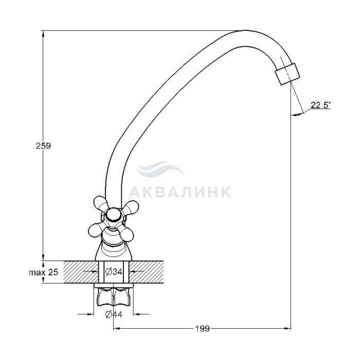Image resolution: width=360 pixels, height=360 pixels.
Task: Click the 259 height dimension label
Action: pos(43,146)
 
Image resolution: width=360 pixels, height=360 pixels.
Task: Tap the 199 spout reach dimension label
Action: pos(203,329)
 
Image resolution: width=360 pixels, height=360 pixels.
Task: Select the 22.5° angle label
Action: pos(321,105)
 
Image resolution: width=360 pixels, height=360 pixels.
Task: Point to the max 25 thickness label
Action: pos(43,273)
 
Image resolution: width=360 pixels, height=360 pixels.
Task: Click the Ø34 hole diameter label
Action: pos(114,272)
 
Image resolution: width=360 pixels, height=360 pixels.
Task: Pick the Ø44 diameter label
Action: pos(114,314)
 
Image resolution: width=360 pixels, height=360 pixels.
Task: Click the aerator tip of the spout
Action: pos(287,74)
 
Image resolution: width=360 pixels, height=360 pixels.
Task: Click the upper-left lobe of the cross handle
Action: pos(101,203)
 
